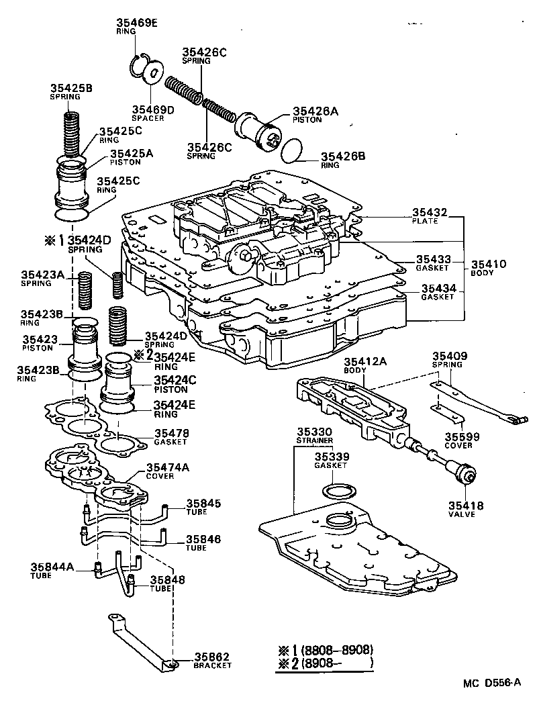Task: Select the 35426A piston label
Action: [315, 111]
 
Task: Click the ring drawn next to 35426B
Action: [290, 150]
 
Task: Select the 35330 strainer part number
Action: [315, 432]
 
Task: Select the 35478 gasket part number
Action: [172, 433]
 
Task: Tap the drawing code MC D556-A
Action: [492, 683]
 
